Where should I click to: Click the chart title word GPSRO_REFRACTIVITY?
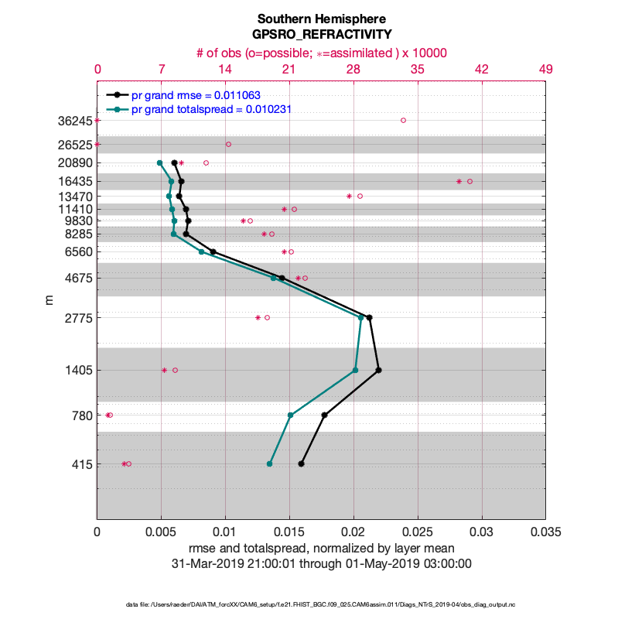(x=321, y=34)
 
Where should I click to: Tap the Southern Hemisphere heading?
(x=321, y=19)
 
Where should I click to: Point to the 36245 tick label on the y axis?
(x=74, y=121)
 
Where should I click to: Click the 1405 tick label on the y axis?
(x=77, y=371)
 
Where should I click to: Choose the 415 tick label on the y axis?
(x=80, y=465)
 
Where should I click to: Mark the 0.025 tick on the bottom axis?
(x=418, y=533)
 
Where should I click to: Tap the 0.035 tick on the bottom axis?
(x=546, y=533)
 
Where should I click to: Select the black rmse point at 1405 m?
(x=378, y=370)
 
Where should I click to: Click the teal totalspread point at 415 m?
(x=269, y=463)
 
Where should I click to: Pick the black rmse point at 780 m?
(x=324, y=415)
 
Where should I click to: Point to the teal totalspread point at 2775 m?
(x=361, y=317)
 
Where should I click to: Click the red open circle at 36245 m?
(x=403, y=120)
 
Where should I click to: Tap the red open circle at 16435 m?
(x=470, y=181)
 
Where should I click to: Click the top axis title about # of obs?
(x=321, y=53)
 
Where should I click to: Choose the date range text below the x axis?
(x=321, y=564)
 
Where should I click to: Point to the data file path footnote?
(x=321, y=604)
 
